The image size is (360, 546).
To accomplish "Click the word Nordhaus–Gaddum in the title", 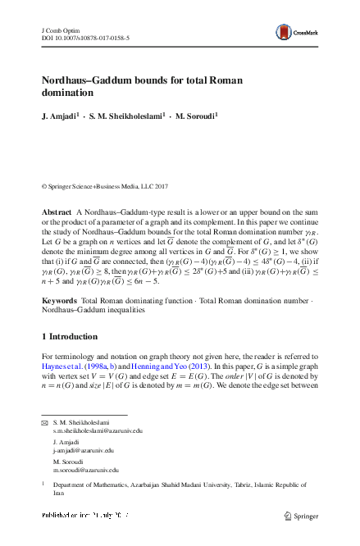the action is pos(91,82).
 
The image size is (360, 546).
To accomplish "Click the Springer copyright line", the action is pos(111,187).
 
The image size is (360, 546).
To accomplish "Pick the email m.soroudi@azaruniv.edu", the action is pos(84,471).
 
